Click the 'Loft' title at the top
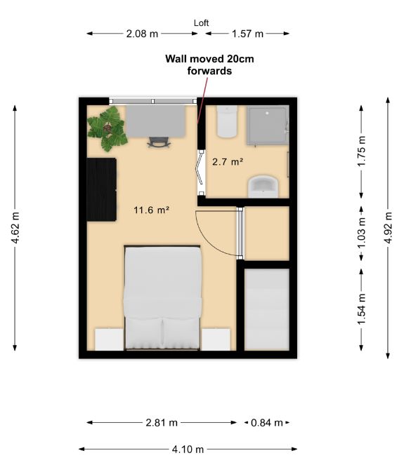click(202, 22)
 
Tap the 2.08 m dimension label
click(141, 33)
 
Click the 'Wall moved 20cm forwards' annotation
click(209, 65)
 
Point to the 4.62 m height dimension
click(15, 228)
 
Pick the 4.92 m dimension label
click(387, 228)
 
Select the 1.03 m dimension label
click(362, 228)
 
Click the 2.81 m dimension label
click(162, 423)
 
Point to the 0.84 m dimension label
click(267, 423)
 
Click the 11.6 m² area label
click(152, 209)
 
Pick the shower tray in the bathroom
click(267, 124)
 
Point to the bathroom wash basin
click(263, 185)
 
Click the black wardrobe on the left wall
click(101, 189)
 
